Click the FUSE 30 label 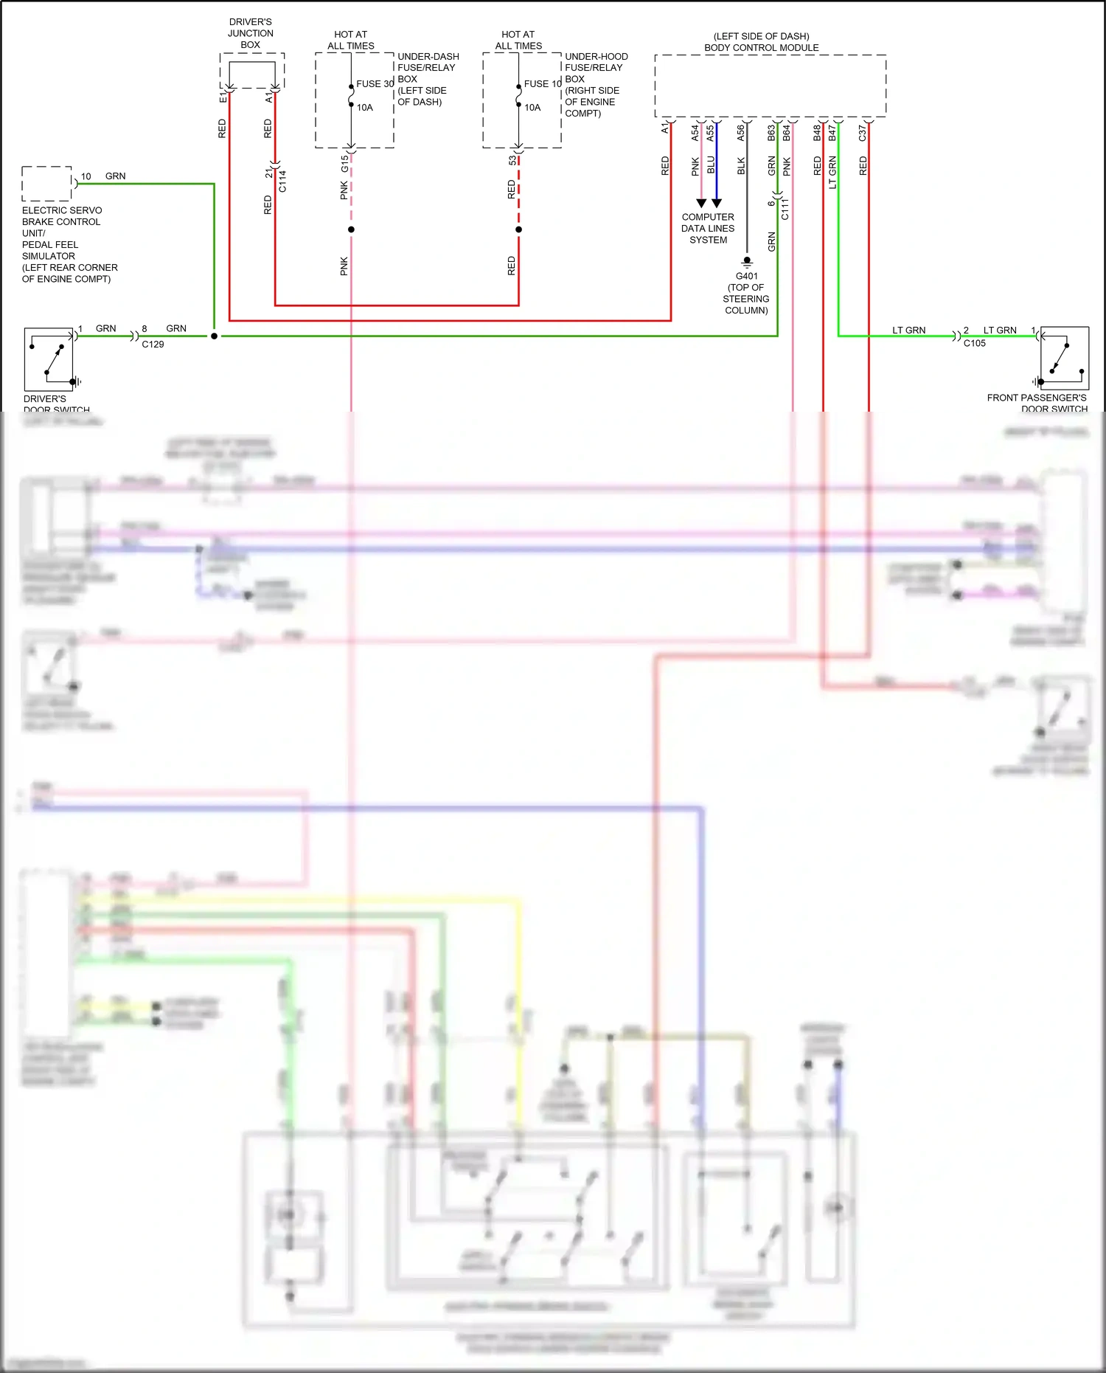375,84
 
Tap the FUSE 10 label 542,84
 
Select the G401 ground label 746,276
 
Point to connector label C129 153,345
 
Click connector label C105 974,343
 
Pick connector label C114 282,181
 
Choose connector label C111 785,209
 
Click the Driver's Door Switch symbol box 49,359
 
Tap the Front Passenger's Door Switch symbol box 1064,359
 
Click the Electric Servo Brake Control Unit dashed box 46,184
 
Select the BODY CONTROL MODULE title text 761,48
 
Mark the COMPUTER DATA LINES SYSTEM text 708,229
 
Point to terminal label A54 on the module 695,133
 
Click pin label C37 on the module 863,133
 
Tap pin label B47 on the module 832,133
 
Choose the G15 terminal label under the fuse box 344,164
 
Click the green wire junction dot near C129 214,336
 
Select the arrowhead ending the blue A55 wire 717,203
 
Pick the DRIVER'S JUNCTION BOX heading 251,33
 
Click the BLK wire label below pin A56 741,166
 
